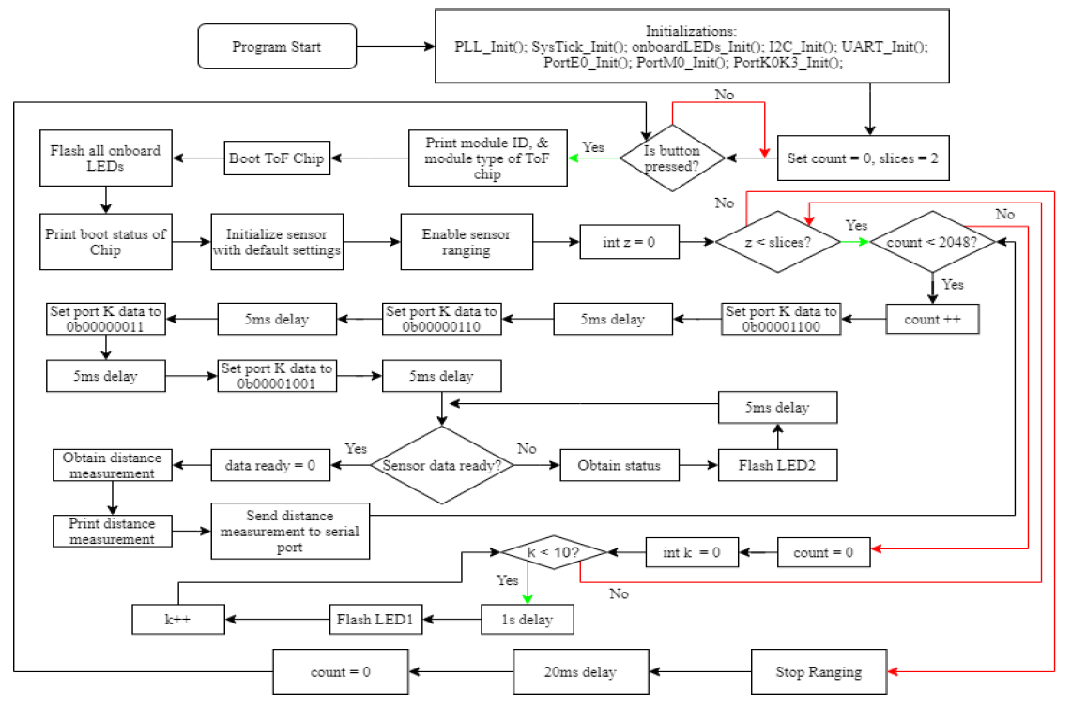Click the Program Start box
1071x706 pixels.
(278, 46)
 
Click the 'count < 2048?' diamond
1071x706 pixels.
(932, 241)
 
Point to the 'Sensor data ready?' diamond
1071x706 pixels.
(442, 465)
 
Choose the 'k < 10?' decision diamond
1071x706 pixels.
(554, 552)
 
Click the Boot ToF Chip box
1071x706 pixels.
(276, 158)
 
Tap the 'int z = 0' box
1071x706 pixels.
(629, 241)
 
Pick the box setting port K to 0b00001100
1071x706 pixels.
(780, 319)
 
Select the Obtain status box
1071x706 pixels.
(619, 466)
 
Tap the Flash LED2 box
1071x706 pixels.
(777, 466)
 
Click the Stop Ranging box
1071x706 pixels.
(819, 672)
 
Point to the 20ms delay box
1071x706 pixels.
(579, 672)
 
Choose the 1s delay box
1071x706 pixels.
(526, 619)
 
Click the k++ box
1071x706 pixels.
(176, 619)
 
